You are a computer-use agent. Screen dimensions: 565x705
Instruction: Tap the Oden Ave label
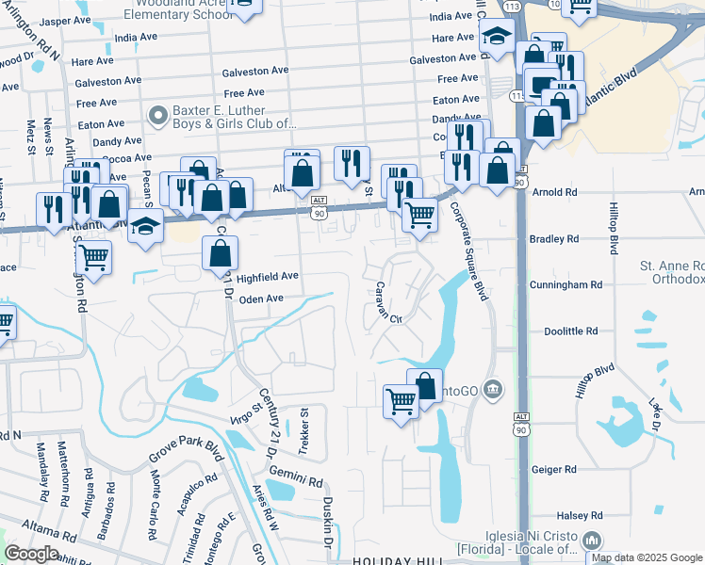262,299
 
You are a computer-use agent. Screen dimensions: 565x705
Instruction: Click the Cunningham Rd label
566,284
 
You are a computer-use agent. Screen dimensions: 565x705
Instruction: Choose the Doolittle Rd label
571,331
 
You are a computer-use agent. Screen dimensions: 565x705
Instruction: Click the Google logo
32,554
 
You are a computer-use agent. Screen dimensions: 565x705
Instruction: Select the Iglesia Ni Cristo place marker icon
592,541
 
